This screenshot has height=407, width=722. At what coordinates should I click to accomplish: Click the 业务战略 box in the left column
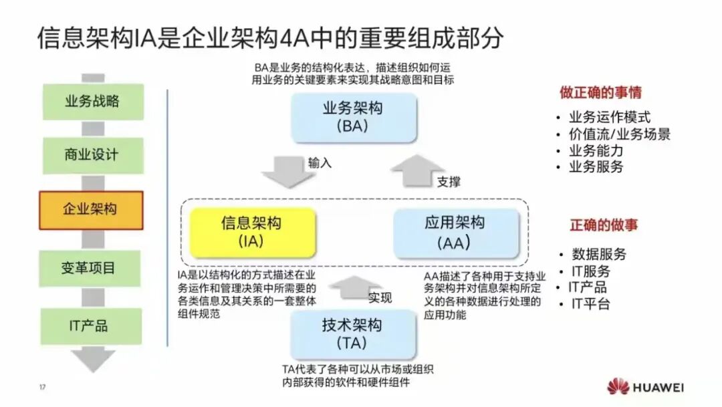pos(92,102)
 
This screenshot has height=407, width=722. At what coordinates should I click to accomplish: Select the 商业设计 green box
pos(92,155)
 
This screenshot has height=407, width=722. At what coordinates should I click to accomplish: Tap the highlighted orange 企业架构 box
pos(92,209)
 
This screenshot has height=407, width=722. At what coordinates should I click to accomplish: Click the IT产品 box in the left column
pos(92,326)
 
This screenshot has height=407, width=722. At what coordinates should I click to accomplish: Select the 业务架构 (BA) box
pos(352,116)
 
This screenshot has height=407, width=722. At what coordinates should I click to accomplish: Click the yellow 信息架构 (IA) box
pos(251,231)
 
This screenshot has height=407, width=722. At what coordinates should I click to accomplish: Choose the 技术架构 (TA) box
pos(352,333)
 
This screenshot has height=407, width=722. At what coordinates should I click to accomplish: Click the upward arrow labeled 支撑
pos(418,171)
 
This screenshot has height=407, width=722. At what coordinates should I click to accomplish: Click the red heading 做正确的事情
pos(600,92)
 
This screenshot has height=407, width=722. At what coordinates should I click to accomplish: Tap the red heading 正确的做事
pos(604,225)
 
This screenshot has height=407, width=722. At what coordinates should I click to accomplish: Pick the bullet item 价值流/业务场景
pos(619,134)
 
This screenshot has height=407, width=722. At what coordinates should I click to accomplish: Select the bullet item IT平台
pos(589,304)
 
